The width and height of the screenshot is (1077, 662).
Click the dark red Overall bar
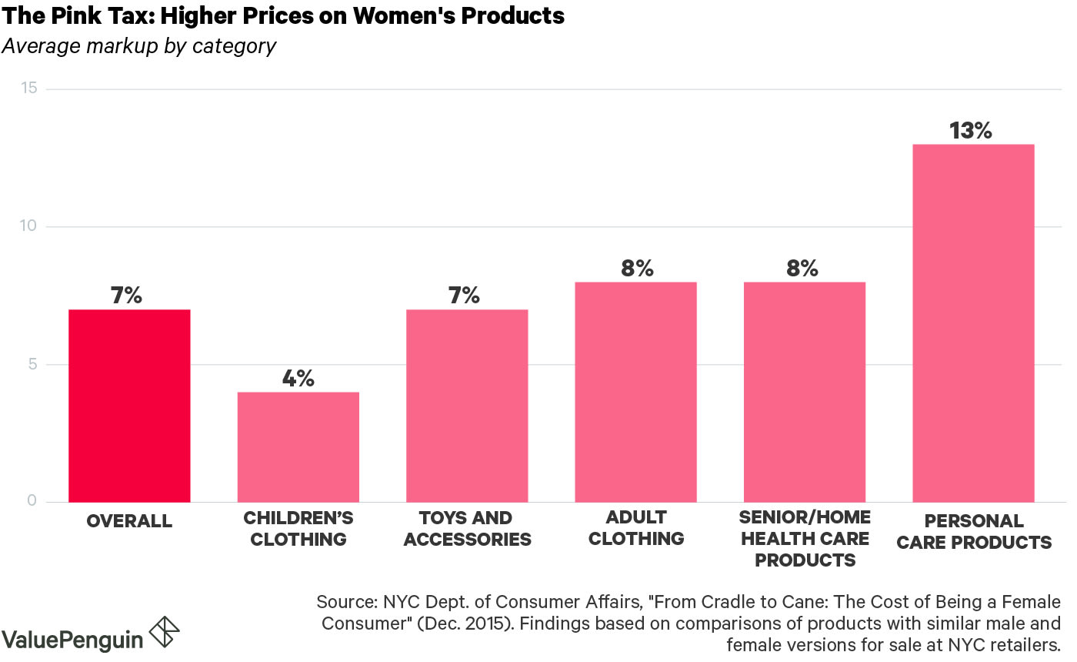129,406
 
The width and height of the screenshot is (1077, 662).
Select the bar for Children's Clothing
298,446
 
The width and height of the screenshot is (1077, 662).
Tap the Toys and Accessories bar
467,406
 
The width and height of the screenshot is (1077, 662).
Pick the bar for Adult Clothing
635,392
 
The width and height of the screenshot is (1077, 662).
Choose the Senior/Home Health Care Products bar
805,392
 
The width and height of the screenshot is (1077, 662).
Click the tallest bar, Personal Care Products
973,323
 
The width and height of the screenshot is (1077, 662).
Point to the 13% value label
971,131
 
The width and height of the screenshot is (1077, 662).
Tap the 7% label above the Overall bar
126,296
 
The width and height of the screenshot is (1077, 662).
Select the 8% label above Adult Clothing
636,268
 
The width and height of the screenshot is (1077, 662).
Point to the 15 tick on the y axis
30,89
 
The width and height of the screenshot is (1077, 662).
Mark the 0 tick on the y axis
32,501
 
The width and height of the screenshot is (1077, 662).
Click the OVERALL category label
129,521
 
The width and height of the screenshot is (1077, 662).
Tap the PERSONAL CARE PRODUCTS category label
974,532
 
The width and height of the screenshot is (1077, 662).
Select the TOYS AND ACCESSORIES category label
467,529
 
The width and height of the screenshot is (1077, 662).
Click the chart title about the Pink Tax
283,15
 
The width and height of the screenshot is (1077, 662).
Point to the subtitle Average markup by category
138,46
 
